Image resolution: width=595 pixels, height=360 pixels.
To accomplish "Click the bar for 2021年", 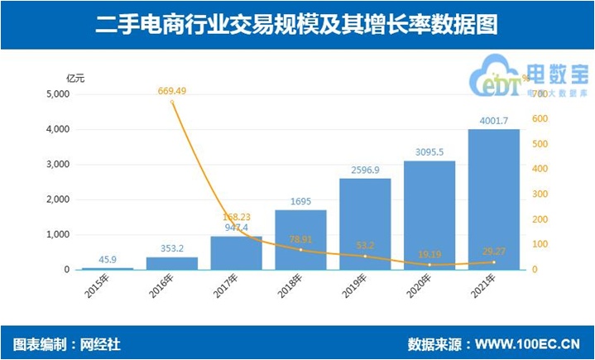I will (x=494, y=199).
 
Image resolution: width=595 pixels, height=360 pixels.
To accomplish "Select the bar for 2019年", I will (x=365, y=224).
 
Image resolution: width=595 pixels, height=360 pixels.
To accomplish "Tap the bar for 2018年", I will (x=300, y=240).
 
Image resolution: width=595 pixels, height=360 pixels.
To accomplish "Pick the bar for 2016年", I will (x=171, y=263).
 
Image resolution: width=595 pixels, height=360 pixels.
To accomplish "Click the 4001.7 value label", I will (x=493, y=121).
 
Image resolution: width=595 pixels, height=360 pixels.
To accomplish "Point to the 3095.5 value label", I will (x=429, y=152).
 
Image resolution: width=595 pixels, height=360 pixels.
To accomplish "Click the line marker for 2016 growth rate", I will (x=172, y=102).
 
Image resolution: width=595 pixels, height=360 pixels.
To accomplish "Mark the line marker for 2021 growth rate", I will (x=494, y=262).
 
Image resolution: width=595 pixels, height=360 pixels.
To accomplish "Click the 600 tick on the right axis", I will (x=540, y=119).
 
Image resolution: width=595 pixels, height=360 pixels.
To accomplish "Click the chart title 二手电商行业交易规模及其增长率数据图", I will (x=297, y=25).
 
